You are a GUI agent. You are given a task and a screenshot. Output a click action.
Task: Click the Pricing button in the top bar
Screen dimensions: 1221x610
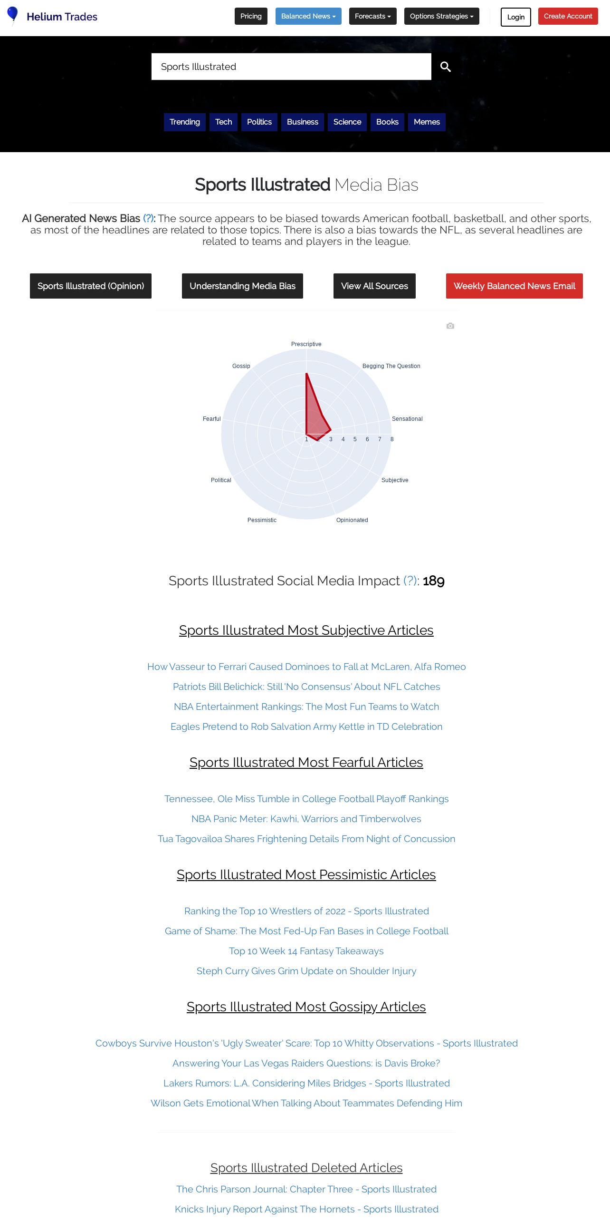click(x=251, y=16)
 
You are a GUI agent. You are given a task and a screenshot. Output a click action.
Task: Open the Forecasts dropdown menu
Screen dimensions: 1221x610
click(x=372, y=16)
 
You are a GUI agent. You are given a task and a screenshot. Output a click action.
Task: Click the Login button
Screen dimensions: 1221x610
click(x=515, y=17)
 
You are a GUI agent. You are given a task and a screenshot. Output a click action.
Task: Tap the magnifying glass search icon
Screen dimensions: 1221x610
click(x=445, y=67)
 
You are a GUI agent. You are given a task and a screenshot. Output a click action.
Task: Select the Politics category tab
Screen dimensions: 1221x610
click(x=259, y=122)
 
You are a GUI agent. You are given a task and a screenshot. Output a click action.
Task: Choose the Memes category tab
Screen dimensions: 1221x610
click(x=426, y=122)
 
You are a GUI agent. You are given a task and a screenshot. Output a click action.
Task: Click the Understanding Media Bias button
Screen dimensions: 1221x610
click(x=242, y=286)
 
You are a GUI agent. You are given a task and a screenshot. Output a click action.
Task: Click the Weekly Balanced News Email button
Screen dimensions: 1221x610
click(x=514, y=286)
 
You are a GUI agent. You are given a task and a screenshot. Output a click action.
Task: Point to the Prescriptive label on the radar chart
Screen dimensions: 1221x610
click(x=306, y=344)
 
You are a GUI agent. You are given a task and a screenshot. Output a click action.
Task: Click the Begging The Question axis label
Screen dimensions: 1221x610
click(x=391, y=366)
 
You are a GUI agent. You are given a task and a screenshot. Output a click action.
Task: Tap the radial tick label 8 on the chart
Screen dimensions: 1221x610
click(x=392, y=439)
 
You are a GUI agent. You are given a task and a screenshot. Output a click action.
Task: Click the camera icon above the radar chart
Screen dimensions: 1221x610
click(x=450, y=326)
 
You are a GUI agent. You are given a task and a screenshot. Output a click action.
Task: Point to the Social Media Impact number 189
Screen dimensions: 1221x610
click(x=433, y=581)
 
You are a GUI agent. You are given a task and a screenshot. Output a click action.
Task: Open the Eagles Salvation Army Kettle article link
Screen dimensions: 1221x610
click(x=306, y=727)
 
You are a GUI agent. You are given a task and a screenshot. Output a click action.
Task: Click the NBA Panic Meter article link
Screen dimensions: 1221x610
click(x=306, y=819)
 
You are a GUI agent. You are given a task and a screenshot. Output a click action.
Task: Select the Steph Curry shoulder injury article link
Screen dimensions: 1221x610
click(x=306, y=971)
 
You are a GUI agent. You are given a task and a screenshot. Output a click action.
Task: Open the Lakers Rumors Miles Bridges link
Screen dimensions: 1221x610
click(x=306, y=1083)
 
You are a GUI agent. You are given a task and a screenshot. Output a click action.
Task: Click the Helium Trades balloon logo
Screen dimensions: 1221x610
click(x=13, y=15)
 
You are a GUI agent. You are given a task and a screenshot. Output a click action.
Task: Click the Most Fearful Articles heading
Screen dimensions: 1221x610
click(x=306, y=762)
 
